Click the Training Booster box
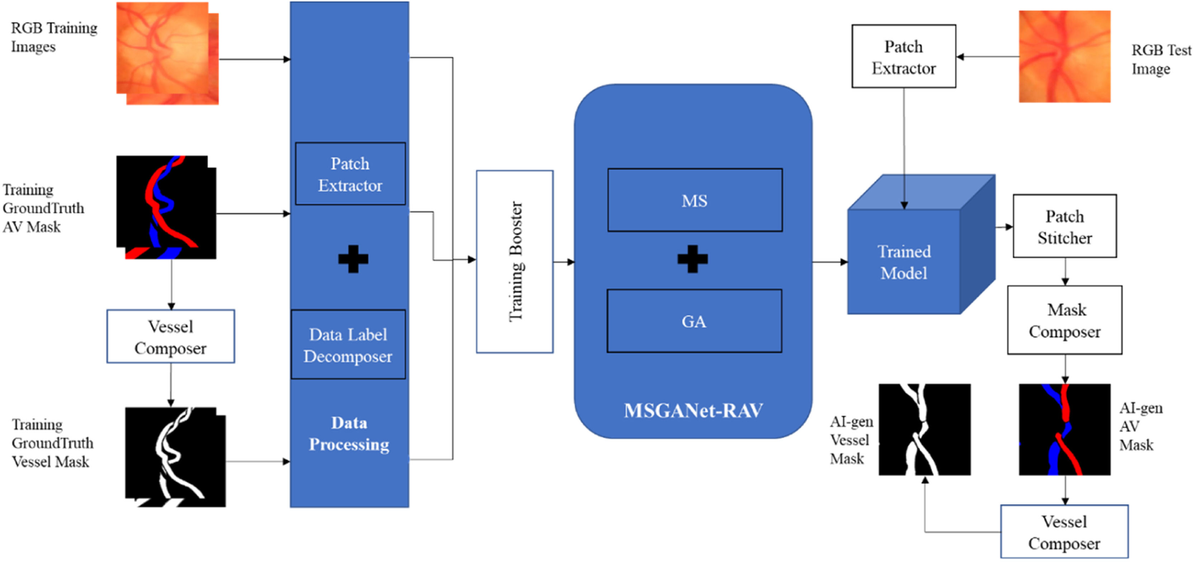[514, 262]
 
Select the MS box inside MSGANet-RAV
[694, 200]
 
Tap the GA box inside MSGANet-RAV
[694, 321]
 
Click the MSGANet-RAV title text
[693, 411]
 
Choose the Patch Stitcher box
[1064, 226]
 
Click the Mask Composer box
[1064, 320]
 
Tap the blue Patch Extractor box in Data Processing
[350, 174]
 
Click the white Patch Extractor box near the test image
[904, 57]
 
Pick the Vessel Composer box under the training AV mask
[171, 337]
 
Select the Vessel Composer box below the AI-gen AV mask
[1064, 532]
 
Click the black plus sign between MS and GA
[693, 259]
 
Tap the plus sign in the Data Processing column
[353, 259]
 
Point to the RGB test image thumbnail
[1064, 57]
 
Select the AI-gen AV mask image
[1064, 429]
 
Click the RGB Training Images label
[54, 37]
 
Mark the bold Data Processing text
[349, 434]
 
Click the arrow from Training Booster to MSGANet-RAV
[564, 262]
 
